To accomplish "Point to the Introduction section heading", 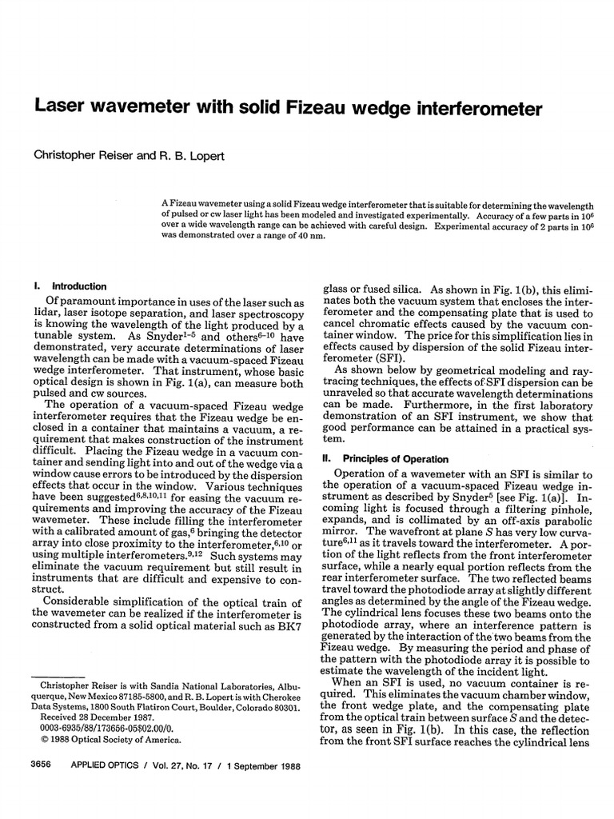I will [x=79, y=286].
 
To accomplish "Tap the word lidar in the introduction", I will [x=42, y=316].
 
